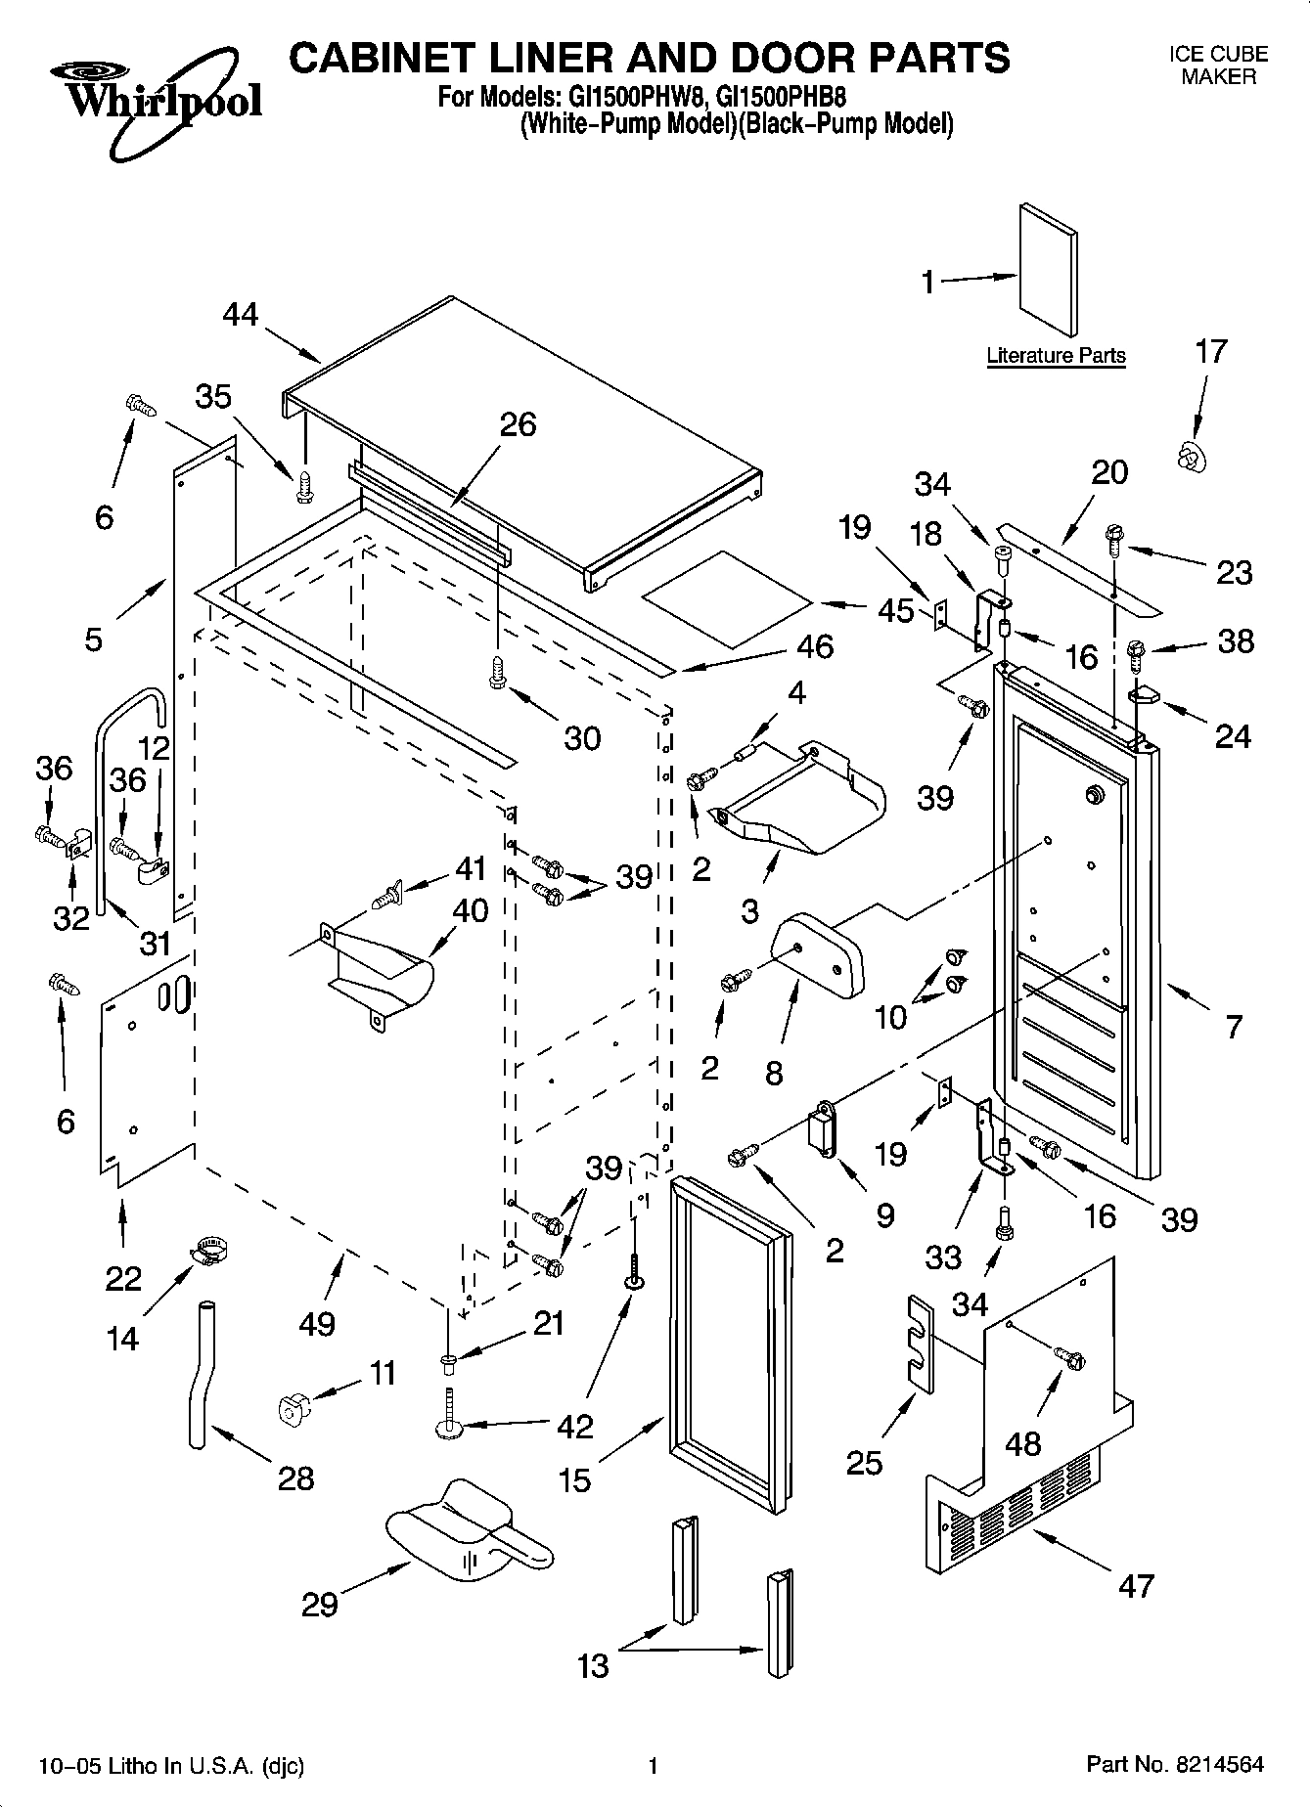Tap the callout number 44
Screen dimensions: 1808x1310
[x=241, y=314]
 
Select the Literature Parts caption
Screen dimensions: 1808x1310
[x=1056, y=356]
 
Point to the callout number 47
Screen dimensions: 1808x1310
[x=1136, y=1585]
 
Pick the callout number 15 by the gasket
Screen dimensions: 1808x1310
[x=575, y=1480]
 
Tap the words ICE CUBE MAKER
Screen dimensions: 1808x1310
[x=1218, y=66]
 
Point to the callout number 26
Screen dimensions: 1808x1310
[x=519, y=424]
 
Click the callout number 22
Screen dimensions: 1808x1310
[x=123, y=1278]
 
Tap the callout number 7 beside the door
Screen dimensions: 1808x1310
[x=1233, y=1026]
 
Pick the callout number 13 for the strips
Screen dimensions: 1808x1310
[x=593, y=1665]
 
